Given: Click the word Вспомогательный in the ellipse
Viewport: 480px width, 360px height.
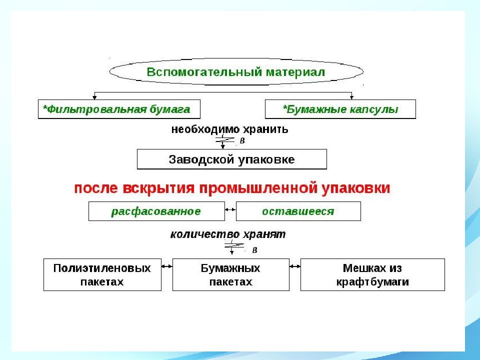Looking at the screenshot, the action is pos(204,72).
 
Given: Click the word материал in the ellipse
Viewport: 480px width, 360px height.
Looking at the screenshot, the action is pos(295,72).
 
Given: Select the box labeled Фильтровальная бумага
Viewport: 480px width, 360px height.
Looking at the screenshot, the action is pos(119,109).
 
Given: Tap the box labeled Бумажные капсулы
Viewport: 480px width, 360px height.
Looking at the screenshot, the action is pos(340,109).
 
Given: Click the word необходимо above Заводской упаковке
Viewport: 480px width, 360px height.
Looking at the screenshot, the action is pos(205,129).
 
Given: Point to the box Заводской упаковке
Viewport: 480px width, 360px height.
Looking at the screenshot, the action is pos(231,159).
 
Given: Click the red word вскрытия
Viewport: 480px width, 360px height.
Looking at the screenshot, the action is pos(158,188).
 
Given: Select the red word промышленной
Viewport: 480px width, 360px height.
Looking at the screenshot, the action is pos(258,187).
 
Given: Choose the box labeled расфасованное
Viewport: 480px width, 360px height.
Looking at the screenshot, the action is pos(156,211).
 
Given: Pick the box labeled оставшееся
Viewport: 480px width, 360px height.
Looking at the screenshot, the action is pos(298,211).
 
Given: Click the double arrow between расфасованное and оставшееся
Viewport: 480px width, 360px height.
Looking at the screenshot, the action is pos(230,209).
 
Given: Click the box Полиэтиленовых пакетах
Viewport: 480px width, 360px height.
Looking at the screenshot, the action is pos(102,274).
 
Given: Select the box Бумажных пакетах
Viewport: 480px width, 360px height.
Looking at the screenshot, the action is pos(231,274).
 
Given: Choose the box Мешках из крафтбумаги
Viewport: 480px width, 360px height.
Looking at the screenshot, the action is pos(372,274).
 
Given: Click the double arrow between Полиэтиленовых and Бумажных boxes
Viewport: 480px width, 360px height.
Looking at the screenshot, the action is pos(167,266).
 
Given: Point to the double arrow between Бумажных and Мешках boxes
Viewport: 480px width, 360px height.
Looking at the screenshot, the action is pos(295,266).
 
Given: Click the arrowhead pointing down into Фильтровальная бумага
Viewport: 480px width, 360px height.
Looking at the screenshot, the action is pos(94,97).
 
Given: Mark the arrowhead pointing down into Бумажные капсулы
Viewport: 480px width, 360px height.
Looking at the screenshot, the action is pos(351,97).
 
